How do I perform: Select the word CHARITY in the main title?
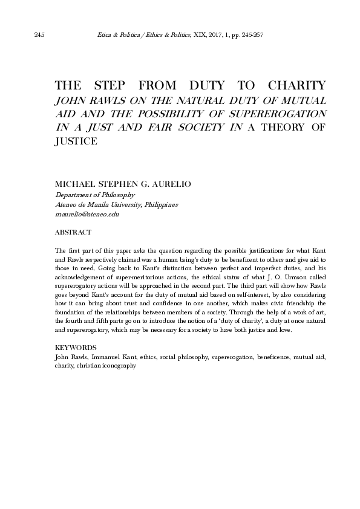(297, 85)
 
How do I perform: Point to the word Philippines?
(160, 205)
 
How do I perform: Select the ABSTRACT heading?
(73, 232)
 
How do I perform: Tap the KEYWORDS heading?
(75, 349)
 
